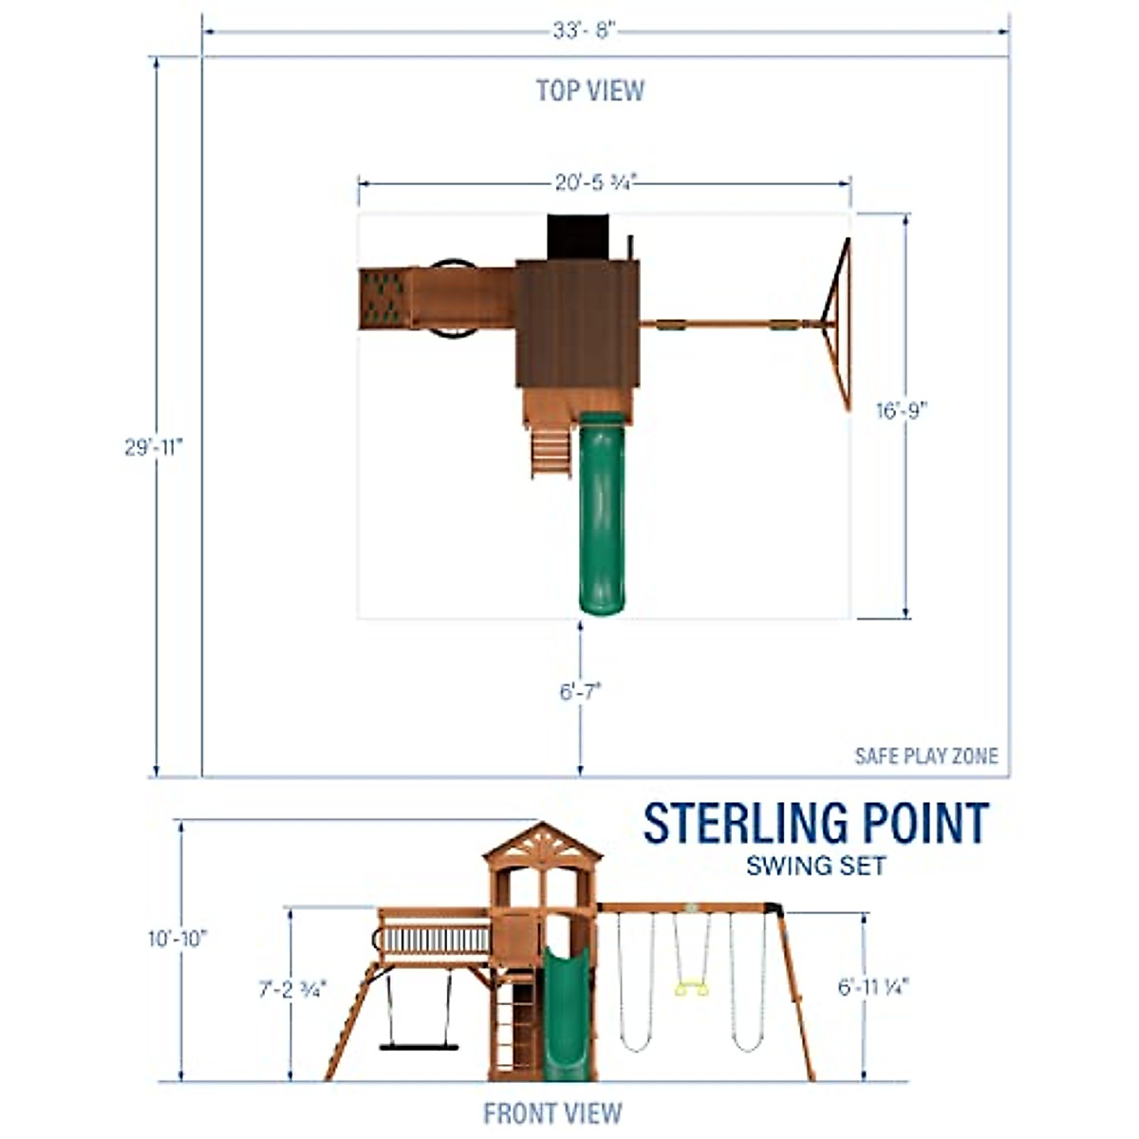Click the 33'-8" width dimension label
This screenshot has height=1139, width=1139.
coord(585,30)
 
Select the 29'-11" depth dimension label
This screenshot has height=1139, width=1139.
coord(153,447)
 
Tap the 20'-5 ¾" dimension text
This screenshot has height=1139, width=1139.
coord(595,182)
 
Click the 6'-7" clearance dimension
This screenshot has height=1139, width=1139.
coord(580,692)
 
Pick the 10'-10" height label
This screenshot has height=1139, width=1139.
coord(177,939)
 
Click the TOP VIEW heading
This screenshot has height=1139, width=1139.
coord(589,91)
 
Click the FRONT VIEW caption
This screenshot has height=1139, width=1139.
coord(552,1112)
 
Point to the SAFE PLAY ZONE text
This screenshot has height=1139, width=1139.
coord(926,756)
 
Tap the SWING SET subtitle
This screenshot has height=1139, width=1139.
coord(815,866)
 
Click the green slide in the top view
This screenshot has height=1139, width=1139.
coord(602,513)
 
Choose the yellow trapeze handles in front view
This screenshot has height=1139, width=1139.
coord(691,989)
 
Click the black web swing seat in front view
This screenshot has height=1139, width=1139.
coord(419,1047)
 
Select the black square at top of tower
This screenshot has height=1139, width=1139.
coord(576,235)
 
